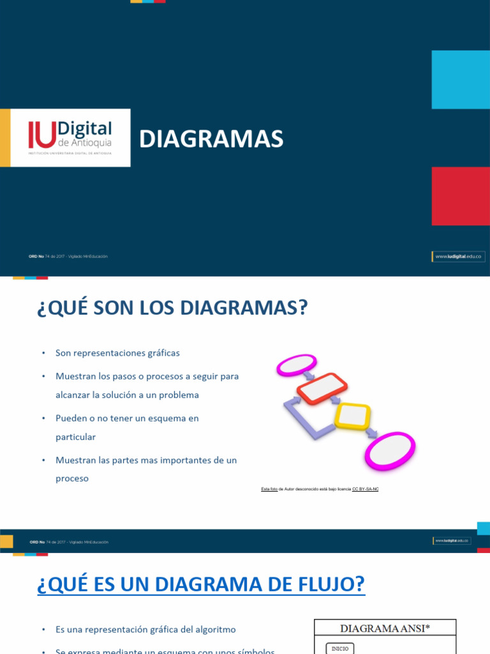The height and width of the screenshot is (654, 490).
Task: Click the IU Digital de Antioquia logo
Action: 70,137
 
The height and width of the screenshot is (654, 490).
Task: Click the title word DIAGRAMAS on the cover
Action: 211,139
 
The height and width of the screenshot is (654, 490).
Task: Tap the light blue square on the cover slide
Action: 461,79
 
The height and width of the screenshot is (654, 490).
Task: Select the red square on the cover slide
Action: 461,195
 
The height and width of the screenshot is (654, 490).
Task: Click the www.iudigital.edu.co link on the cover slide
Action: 459,256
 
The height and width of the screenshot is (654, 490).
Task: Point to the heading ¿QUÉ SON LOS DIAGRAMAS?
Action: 172,308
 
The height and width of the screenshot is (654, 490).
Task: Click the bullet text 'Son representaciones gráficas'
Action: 117,353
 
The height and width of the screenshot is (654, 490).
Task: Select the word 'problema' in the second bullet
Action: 179,395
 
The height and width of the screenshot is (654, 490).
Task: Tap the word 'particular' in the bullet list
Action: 75,437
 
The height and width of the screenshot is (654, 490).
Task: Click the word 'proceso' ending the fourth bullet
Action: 72,478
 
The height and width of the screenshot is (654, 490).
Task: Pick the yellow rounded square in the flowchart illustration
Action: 352,416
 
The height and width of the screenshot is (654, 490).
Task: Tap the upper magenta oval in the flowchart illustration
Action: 296,365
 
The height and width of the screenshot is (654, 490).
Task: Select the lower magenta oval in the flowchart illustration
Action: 390,452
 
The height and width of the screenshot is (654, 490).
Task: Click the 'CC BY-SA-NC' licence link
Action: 366,489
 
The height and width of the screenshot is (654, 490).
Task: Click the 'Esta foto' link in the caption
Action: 269,489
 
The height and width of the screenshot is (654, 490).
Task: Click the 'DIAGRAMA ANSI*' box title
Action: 385,628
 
